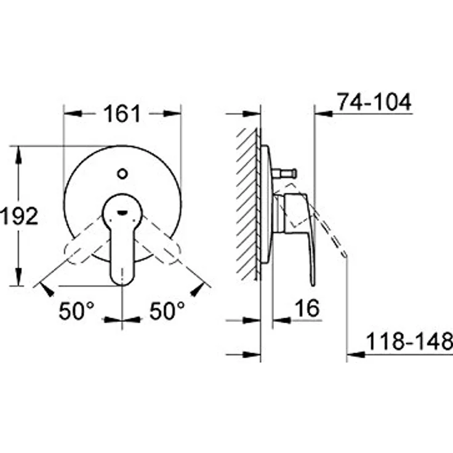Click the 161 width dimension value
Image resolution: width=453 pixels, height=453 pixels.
pyautogui.click(x=122, y=114)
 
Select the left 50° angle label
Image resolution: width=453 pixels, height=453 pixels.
pyautogui.click(x=76, y=311)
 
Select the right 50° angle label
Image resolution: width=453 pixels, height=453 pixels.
pyautogui.click(x=167, y=311)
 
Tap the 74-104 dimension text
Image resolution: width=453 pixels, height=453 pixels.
pyautogui.click(x=374, y=102)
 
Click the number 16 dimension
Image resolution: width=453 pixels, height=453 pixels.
pyautogui.click(x=307, y=308)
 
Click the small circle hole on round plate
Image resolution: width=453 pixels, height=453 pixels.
pyautogui.click(x=123, y=173)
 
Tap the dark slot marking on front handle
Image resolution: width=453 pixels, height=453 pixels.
pyautogui.click(x=123, y=213)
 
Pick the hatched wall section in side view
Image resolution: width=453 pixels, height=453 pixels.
pyautogui.click(x=248, y=203)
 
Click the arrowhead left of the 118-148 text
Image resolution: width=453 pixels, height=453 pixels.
pyautogui.click(x=357, y=354)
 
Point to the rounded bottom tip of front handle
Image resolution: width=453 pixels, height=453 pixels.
pyautogui.click(x=122, y=280)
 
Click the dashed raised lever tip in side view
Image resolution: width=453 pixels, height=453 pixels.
pyautogui.click(x=343, y=252)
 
